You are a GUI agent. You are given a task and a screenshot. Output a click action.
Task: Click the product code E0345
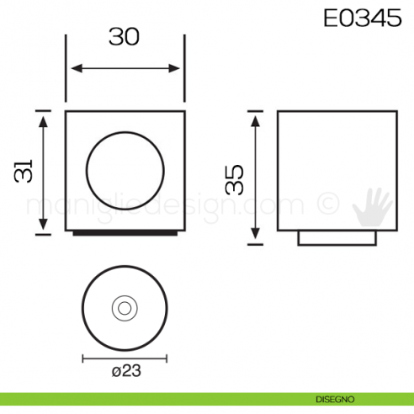coord(362,19)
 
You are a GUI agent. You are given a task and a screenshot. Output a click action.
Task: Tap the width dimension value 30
coord(124,37)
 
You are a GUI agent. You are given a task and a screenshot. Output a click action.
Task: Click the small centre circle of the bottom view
coord(125,308)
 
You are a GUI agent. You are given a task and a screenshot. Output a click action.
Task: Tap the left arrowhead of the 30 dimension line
coord(72,69)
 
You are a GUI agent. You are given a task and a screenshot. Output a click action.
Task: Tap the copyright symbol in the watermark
coord(326,204)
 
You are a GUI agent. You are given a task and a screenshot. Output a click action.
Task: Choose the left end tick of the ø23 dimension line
coord(82,358)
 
